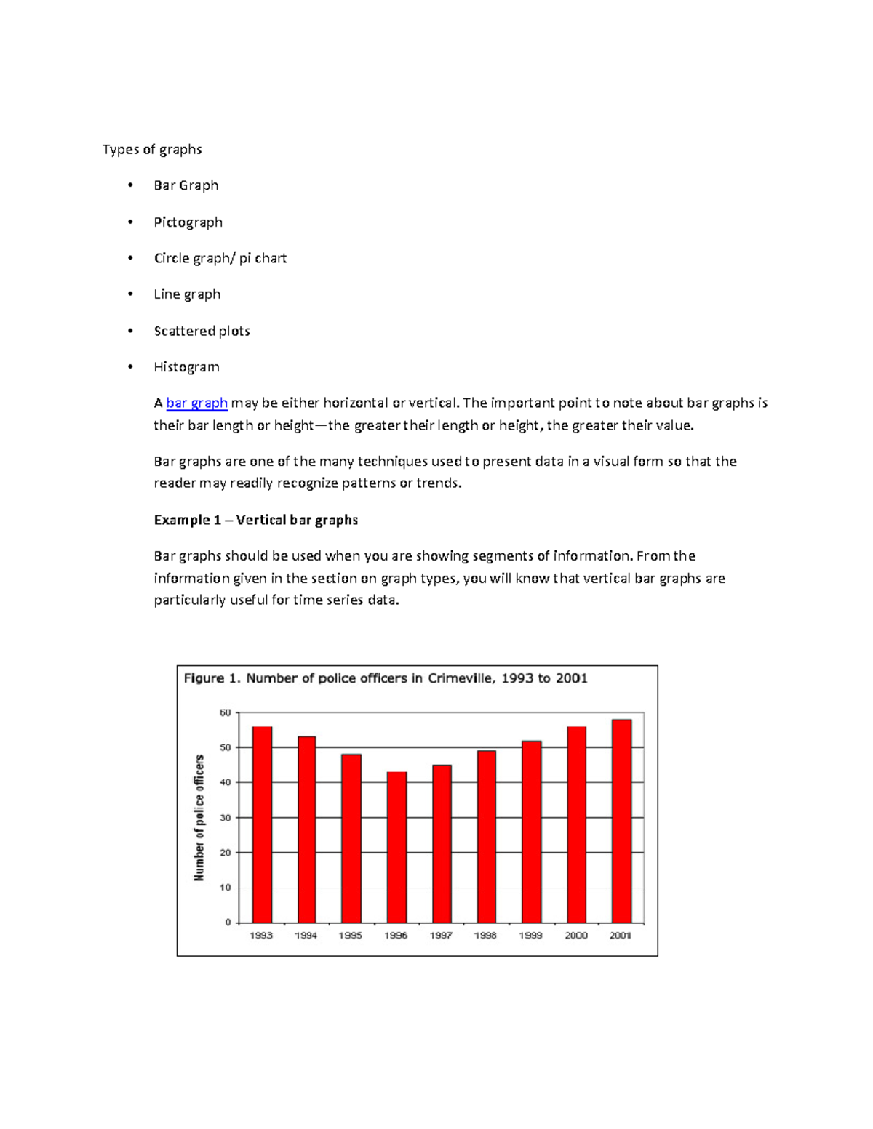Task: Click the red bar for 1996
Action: click(x=396, y=847)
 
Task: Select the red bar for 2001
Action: click(x=621, y=821)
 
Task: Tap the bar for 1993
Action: click(x=262, y=824)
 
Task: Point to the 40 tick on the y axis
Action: click(x=226, y=782)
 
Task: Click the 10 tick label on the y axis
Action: click(x=226, y=888)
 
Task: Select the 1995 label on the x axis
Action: click(x=351, y=936)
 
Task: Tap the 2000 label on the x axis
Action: click(x=576, y=936)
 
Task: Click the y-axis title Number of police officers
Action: click(x=199, y=818)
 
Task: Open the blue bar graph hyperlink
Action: click(x=197, y=403)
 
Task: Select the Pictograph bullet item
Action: click(x=188, y=222)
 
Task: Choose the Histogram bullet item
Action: click(x=186, y=367)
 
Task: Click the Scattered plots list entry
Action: click(x=202, y=331)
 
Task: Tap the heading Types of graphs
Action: click(x=152, y=149)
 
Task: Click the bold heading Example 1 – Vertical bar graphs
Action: click(x=256, y=520)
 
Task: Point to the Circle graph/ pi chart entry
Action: click(x=220, y=258)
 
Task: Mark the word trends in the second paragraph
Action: click(x=436, y=483)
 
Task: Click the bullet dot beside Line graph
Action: click(x=130, y=294)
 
